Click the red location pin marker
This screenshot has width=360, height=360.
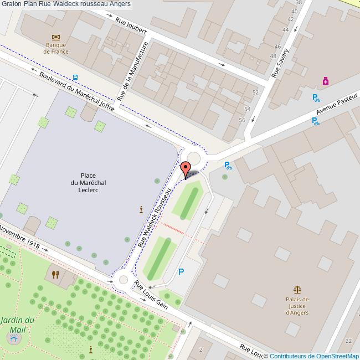(x=186, y=168)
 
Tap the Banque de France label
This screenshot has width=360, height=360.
(x=56, y=48)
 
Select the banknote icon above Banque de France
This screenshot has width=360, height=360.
(x=55, y=37)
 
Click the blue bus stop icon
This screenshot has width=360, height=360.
(x=75, y=78)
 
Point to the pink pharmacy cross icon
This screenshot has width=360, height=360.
(x=326, y=81)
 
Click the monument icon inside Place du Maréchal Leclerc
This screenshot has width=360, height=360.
(x=141, y=209)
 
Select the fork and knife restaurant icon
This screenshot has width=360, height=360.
(x=55, y=274)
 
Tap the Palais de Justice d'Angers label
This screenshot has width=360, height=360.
(x=297, y=306)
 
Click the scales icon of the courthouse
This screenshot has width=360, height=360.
(x=297, y=289)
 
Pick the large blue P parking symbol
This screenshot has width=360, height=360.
(x=181, y=272)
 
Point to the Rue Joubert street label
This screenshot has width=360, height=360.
(x=131, y=28)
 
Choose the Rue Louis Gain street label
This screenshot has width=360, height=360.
(x=151, y=295)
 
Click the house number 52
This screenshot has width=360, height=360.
(x=255, y=92)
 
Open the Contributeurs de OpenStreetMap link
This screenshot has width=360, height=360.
(x=314, y=356)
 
